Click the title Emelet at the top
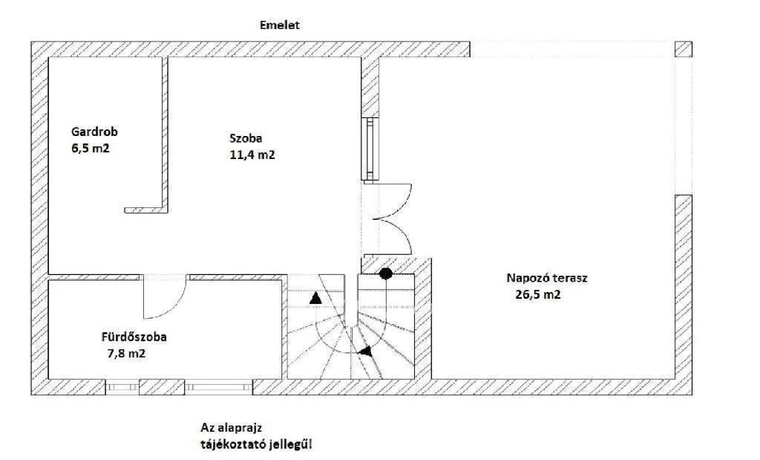coord(280,25)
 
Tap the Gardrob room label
coord(94,132)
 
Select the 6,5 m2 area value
coord(91,148)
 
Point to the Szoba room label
coord(246,138)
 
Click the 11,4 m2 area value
coord(252,155)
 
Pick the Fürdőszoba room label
coord(134,337)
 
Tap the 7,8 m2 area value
coord(126,353)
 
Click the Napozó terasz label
coord(547,279)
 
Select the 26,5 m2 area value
coord(538,294)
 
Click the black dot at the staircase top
coord(386,273)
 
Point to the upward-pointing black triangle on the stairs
coord(315,299)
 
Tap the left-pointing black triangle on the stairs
coord(366,351)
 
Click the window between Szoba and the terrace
coord(370,149)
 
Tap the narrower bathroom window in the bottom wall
coord(122,386)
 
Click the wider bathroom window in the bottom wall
coord(219,386)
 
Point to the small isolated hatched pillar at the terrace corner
coord(684,50)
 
